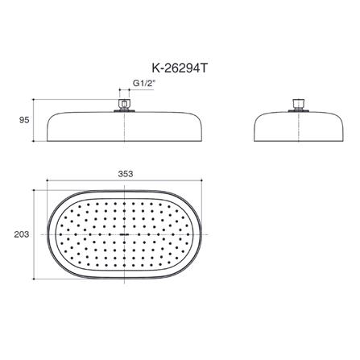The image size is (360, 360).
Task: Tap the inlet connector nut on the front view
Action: pyautogui.click(x=124, y=106)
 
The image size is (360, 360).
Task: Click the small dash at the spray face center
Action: pyautogui.click(x=125, y=234)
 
